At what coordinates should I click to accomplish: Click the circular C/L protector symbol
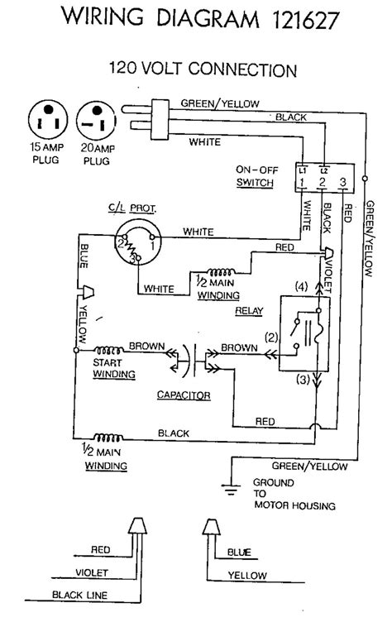pyautogui.click(x=136, y=243)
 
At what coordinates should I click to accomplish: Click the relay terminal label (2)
pyautogui.click(x=271, y=337)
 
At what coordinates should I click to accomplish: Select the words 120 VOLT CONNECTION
pyautogui.click(x=203, y=69)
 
